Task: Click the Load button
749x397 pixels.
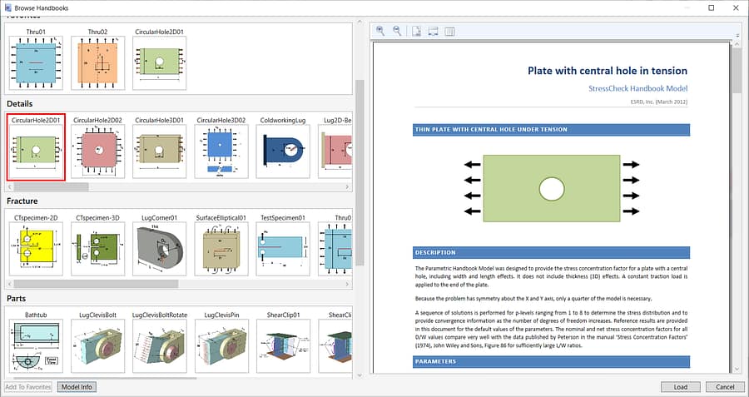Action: pos(680,387)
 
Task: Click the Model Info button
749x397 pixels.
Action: pos(77,387)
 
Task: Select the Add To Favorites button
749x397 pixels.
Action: pos(28,387)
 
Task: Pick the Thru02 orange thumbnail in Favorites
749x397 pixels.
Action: pos(97,64)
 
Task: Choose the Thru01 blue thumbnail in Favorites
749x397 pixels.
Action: pos(35,64)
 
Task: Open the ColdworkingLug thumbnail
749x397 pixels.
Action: pos(285,151)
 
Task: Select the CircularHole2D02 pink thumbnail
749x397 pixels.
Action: pos(97,151)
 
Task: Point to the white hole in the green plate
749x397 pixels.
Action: pos(551,189)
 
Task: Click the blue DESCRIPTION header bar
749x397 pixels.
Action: pos(551,252)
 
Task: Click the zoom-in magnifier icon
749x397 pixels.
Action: pos(380,31)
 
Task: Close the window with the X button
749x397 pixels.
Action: pos(734,7)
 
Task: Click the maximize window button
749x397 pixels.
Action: pos(711,7)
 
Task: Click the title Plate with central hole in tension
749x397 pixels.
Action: pos(608,71)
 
